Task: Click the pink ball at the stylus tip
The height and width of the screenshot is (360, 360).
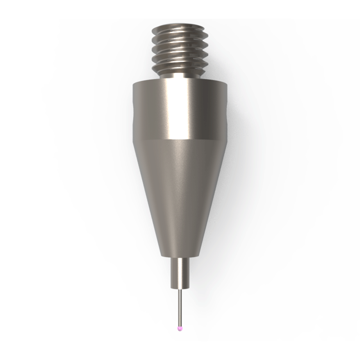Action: [x=180, y=328]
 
